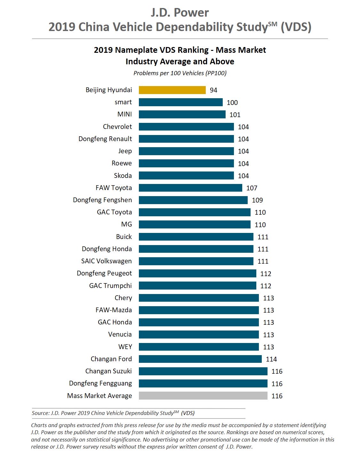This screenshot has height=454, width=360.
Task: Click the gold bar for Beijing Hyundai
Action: tap(172, 90)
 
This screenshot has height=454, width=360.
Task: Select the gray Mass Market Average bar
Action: tap(203, 396)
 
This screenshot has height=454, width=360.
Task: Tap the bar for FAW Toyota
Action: tap(190, 188)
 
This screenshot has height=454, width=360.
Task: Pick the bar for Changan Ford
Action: tap(200, 359)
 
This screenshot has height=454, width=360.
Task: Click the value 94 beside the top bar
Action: tap(213, 90)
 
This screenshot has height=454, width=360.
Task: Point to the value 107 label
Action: tap(252, 188)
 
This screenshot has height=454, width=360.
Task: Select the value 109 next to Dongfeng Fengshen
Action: tap(258, 200)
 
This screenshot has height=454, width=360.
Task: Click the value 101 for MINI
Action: tap(235, 115)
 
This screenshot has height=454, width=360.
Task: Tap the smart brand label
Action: tap(123, 102)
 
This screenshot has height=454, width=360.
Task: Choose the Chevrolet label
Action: tap(117, 127)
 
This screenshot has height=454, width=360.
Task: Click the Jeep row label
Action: tap(125, 151)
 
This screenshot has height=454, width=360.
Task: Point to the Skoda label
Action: tap(123, 176)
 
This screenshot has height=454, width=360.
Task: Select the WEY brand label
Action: tap(125, 346)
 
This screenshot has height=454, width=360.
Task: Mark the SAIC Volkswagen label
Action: tap(107, 261)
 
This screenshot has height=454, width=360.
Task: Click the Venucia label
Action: tap(120, 334)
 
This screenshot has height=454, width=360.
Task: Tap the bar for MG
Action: tap(195, 225)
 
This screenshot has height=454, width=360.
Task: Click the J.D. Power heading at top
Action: tap(180, 13)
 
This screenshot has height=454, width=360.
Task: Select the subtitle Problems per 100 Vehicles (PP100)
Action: tap(180, 73)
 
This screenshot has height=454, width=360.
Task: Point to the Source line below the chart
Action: tap(113, 413)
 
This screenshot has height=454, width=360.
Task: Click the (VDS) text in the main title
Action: tap(296, 27)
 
